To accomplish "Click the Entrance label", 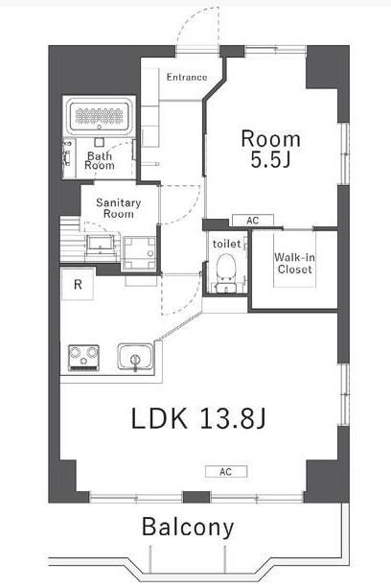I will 187,77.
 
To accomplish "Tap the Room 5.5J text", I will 270,148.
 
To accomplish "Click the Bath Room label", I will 100,159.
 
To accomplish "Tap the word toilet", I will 226,243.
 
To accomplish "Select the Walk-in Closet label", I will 292,263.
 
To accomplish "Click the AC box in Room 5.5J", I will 252,221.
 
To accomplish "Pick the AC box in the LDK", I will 225,471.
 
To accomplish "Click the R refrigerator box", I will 78,285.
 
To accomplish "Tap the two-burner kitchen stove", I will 84,359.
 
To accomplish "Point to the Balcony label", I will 189,527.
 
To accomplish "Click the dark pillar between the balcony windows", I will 195,496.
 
